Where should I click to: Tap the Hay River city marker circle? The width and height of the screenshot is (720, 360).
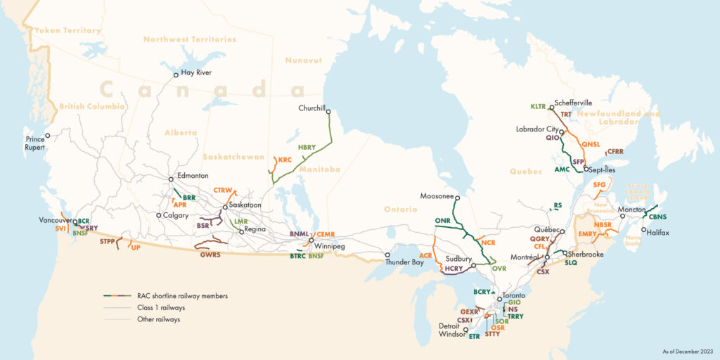pyautogui.click(x=176, y=75)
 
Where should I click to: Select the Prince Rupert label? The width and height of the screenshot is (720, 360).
pyautogui.click(x=35, y=143)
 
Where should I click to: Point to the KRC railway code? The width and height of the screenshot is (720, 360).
pyautogui.click(x=285, y=160)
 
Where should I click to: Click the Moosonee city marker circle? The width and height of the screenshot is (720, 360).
pyautogui.click(x=456, y=198)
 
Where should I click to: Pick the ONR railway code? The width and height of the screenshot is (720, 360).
pyautogui.click(x=442, y=221)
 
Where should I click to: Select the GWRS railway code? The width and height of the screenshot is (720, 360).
pyautogui.click(x=210, y=255)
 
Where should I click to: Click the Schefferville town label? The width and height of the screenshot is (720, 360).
pyautogui.click(x=574, y=102)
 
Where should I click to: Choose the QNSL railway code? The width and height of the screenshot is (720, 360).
pyautogui.click(x=591, y=144)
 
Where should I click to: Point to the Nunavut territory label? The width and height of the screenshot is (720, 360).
pyautogui.click(x=303, y=60)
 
